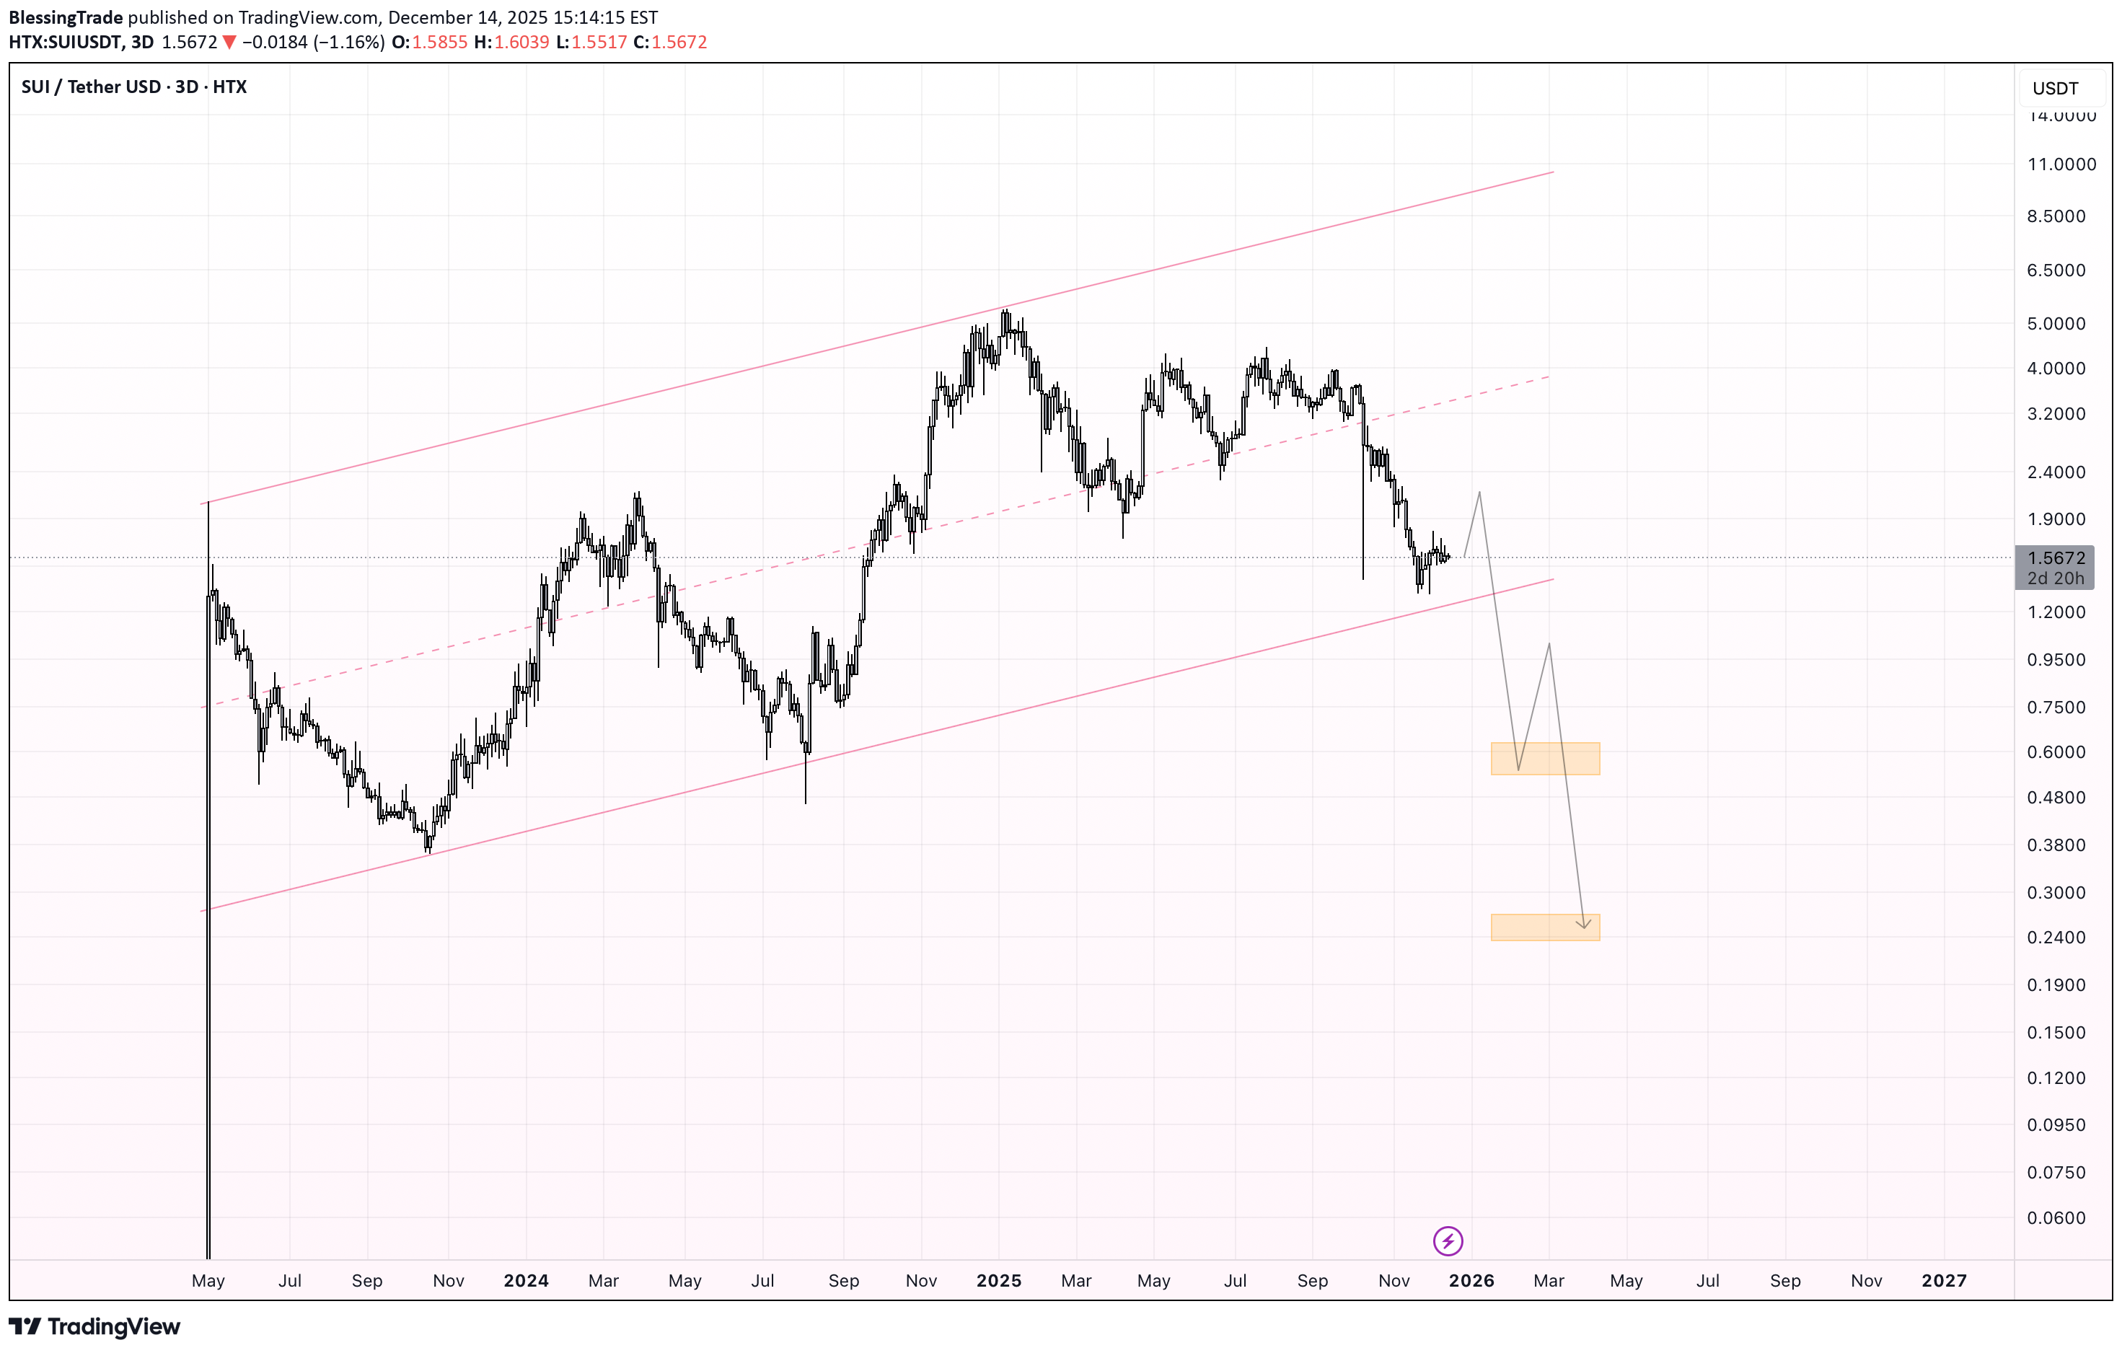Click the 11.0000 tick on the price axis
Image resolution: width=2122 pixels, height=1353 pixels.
(2061, 164)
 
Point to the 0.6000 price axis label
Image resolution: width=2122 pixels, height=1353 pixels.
(2056, 752)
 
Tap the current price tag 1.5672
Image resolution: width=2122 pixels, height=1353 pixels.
(2056, 558)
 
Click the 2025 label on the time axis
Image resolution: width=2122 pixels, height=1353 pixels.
(998, 1281)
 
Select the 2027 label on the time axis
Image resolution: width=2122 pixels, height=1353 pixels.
(1943, 1281)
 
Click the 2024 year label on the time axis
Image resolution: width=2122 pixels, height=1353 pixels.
(526, 1281)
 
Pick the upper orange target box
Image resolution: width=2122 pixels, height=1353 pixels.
(1545, 758)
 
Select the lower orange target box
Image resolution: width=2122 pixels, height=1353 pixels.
(1545, 927)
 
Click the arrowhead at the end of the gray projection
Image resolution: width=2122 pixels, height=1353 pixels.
(1585, 925)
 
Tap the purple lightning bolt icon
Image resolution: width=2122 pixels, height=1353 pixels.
(1448, 1241)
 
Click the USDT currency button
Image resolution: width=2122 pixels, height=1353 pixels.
(2055, 88)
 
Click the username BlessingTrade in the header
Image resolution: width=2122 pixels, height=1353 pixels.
(66, 17)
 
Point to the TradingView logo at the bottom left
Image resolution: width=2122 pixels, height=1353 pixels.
(94, 1326)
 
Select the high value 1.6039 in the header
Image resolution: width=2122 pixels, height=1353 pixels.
(521, 43)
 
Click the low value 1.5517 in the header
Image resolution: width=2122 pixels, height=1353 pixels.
(599, 43)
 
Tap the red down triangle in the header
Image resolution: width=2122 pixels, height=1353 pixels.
(229, 43)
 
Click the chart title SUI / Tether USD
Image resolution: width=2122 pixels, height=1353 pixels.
(91, 87)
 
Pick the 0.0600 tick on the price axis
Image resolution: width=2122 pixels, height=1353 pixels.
(2056, 1218)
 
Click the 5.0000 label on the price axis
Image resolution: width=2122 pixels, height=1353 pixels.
(2056, 324)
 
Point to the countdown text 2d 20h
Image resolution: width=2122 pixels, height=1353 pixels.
(2056, 578)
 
